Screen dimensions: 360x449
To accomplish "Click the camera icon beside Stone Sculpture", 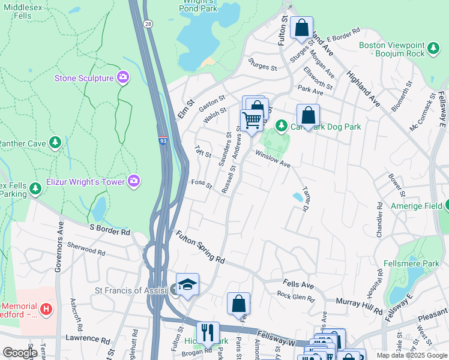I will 123,77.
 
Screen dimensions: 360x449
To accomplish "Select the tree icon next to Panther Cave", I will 55,142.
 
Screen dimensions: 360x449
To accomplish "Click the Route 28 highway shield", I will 148,23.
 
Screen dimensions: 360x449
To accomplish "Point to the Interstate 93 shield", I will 163,141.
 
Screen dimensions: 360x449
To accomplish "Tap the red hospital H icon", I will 48,308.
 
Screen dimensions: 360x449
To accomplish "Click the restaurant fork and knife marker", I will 208,332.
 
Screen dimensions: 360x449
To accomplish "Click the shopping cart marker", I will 252,120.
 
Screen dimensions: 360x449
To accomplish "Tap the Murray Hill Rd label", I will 359,305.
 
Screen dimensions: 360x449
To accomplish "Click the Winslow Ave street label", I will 273,160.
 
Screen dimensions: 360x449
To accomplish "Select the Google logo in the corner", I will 19,353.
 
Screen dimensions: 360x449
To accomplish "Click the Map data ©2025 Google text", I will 412,355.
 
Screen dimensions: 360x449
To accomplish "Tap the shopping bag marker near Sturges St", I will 301,28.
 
